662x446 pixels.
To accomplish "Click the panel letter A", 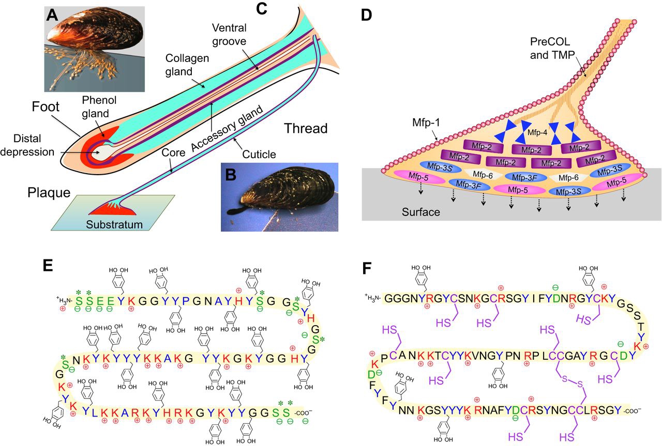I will [x=52, y=16].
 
